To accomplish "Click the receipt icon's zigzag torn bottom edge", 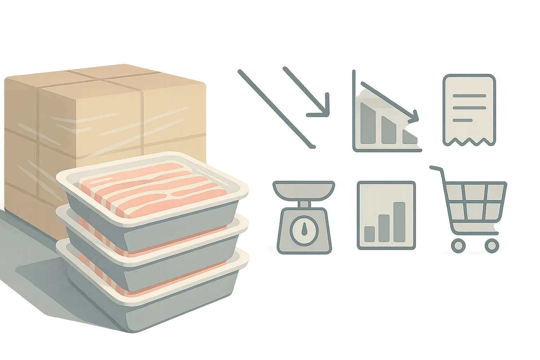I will coord(469,141).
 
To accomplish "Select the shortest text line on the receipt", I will coord(462,120).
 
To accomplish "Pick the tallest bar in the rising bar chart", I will coord(399,222).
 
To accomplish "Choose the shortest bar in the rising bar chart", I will coord(369,234).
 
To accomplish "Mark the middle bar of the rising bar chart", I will coord(384,228).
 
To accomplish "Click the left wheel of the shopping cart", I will coord(458,246).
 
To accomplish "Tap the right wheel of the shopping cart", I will coord(492,246).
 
